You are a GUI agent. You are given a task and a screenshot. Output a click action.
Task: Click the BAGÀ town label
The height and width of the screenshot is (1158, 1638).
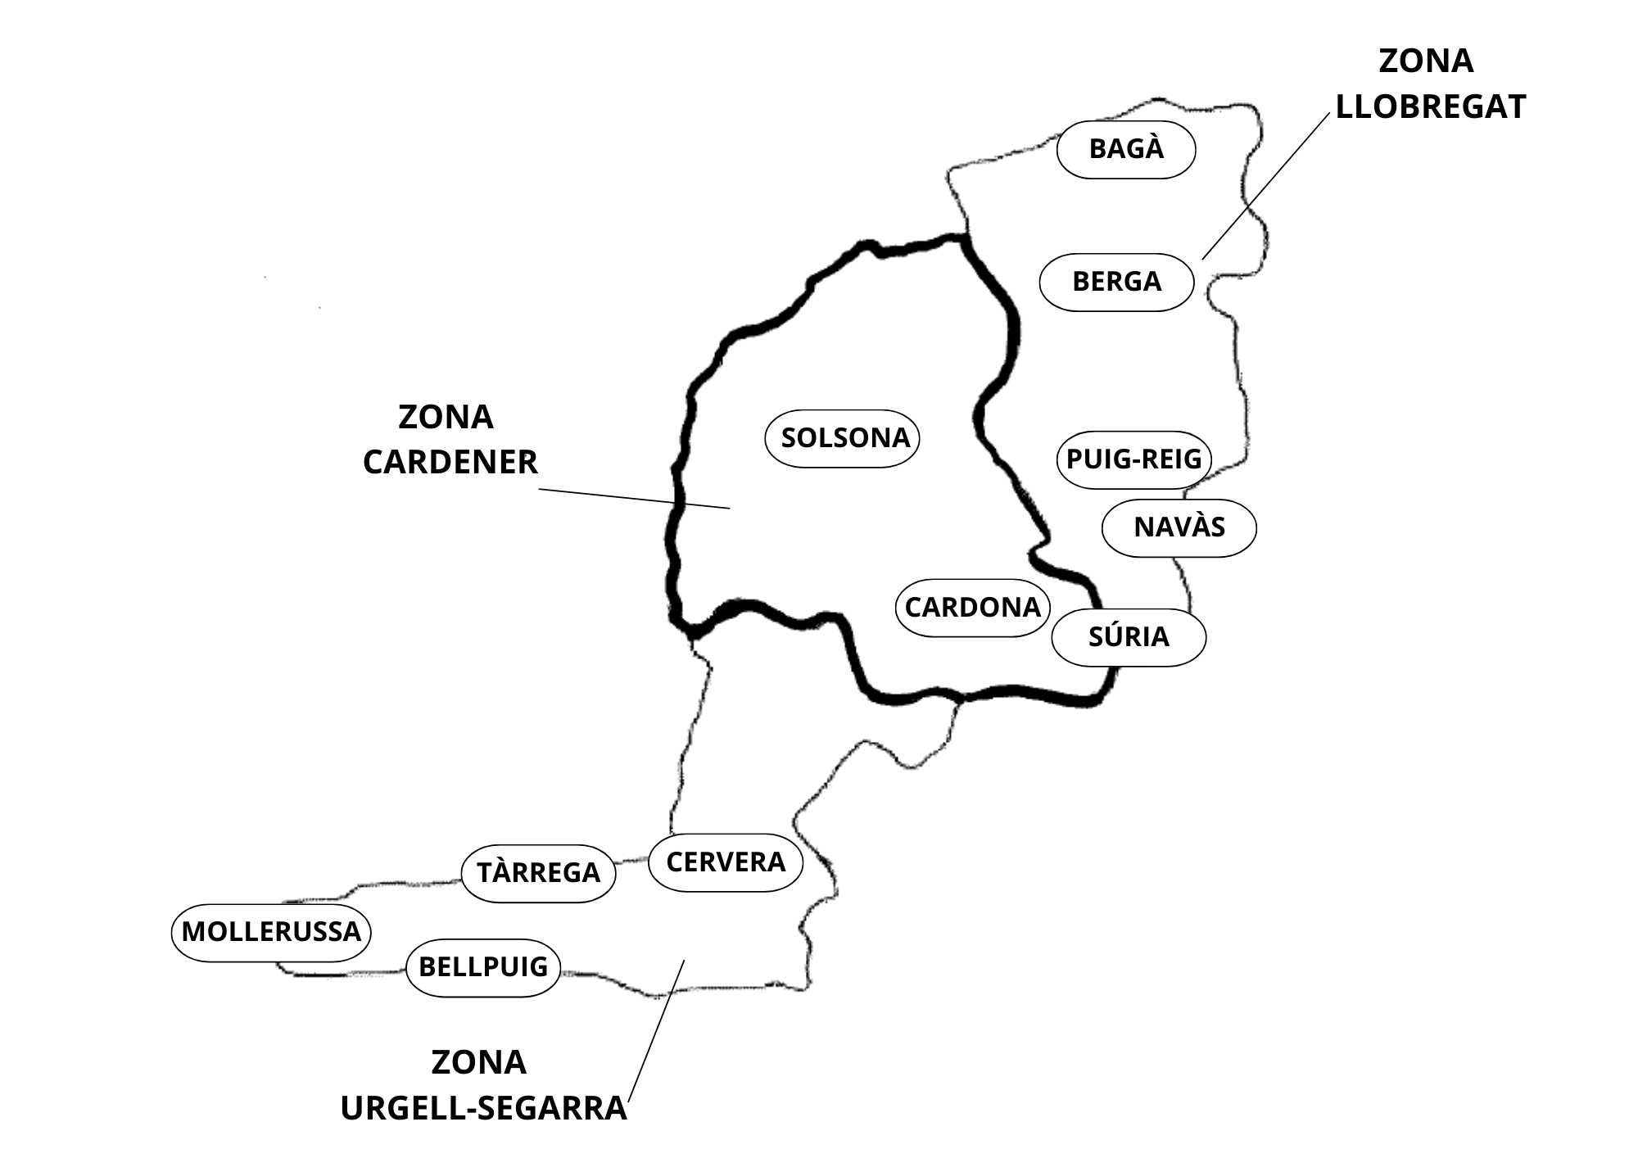(x=1126, y=149)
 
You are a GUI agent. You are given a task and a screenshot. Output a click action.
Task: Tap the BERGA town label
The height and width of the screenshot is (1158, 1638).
(x=1116, y=282)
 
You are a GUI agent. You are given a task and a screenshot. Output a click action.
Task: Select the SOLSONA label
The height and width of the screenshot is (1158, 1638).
(x=844, y=438)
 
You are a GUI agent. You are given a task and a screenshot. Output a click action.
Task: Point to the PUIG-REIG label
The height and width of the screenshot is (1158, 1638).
(x=1133, y=459)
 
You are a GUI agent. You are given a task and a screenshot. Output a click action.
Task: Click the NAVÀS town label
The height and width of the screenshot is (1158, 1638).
(x=1179, y=527)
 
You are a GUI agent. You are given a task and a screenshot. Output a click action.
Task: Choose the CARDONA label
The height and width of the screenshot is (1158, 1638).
(x=972, y=608)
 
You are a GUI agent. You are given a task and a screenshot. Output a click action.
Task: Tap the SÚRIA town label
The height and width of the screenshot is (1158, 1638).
(x=1129, y=637)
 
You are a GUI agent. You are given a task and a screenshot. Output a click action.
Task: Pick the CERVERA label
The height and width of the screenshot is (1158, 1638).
(x=726, y=862)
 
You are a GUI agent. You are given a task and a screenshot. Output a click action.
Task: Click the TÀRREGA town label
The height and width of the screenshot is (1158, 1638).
(x=538, y=873)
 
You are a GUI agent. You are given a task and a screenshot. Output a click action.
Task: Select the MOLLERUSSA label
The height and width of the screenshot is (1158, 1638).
(x=271, y=932)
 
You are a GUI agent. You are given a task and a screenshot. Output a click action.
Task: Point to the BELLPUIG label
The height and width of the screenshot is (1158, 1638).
(x=483, y=967)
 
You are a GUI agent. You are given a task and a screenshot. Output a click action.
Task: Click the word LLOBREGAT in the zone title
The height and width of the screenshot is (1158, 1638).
(x=1430, y=107)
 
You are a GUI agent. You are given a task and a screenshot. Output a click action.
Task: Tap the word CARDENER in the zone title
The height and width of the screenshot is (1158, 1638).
(x=450, y=463)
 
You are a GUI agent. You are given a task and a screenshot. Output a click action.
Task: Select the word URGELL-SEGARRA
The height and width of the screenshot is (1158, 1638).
(x=483, y=1109)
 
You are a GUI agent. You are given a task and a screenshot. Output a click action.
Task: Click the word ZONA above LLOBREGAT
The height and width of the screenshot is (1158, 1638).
(x=1426, y=61)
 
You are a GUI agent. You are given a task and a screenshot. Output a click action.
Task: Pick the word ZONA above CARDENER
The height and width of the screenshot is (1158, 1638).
(x=446, y=418)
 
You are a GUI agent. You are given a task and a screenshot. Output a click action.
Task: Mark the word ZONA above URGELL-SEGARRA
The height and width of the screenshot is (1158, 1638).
(x=478, y=1063)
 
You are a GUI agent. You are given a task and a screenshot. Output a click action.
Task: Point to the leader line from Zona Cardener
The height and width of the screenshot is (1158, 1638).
(x=634, y=499)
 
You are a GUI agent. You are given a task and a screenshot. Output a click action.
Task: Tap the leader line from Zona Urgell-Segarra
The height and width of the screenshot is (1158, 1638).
(x=656, y=1032)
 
